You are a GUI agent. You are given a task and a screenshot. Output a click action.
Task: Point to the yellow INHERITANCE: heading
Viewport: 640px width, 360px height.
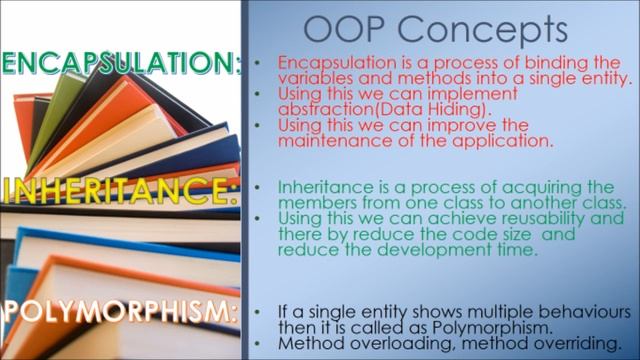point(119,189)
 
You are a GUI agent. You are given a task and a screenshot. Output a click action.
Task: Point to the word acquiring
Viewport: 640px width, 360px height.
point(521,187)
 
